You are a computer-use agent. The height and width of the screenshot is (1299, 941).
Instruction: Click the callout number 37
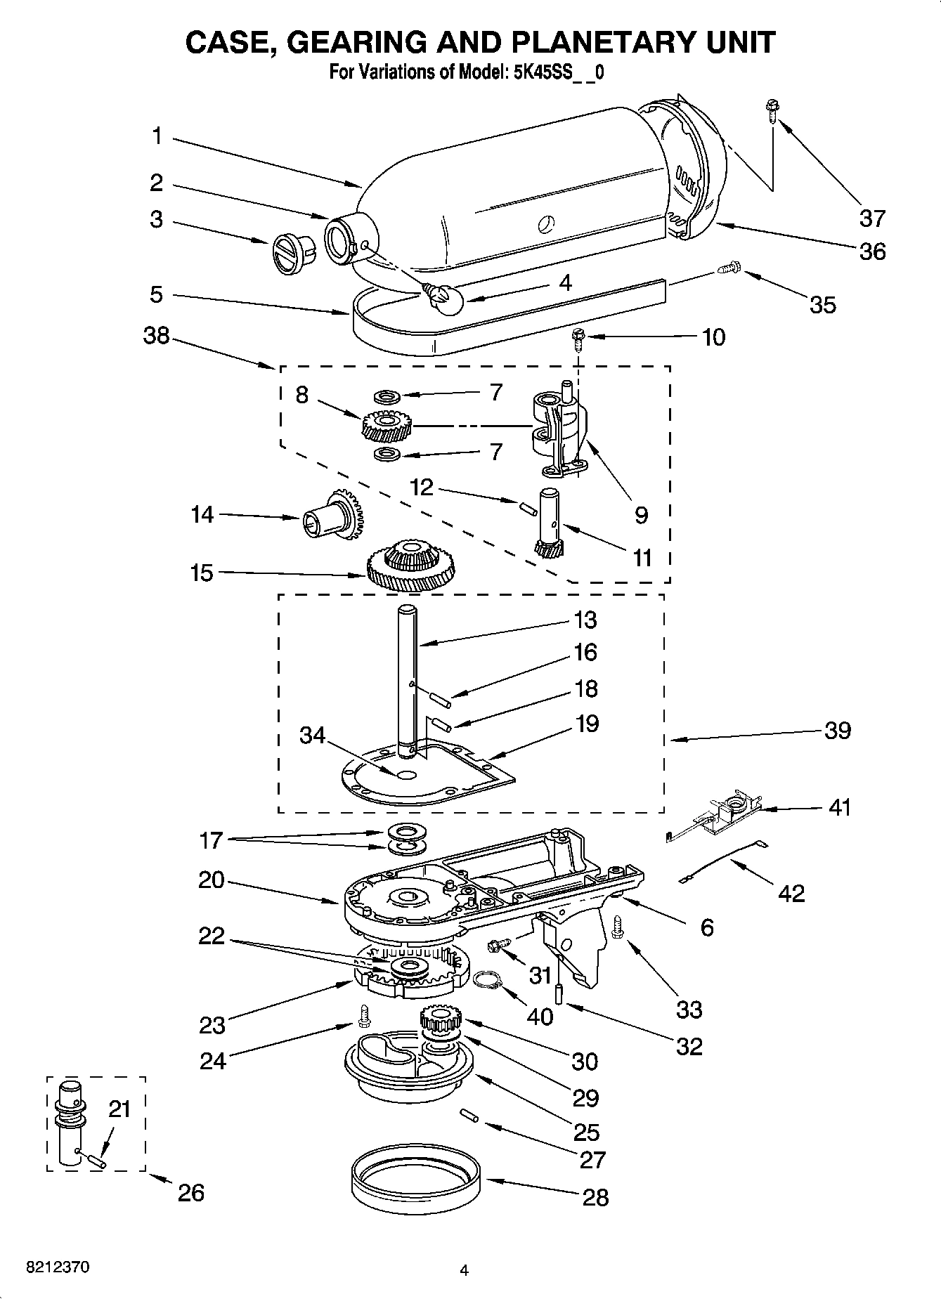[x=872, y=218]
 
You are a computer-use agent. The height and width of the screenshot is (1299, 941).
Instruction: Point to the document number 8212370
[x=58, y=1268]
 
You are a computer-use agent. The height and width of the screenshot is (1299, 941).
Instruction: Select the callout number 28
[x=595, y=1196]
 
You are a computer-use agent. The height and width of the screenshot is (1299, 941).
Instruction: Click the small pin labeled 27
[x=469, y=1115]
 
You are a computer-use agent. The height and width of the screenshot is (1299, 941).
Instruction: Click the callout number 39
[x=838, y=731]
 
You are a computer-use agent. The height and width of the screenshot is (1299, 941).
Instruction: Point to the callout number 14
[x=202, y=515]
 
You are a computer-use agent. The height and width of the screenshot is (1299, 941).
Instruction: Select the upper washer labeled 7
[x=385, y=398]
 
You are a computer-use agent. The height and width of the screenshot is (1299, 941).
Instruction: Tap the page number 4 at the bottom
[x=464, y=1269]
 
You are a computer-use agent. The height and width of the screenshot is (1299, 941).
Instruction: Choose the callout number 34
[x=312, y=735]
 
